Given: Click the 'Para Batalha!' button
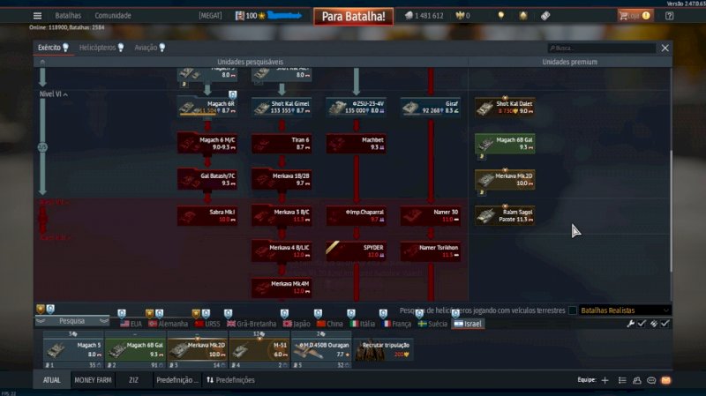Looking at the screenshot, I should point(353,16).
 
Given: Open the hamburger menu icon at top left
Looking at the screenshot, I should point(37,16).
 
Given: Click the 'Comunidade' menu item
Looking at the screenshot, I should point(113,16).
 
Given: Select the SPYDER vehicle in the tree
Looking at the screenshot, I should point(357,250).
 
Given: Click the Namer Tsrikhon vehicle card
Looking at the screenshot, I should point(432,250).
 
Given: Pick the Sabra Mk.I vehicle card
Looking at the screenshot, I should point(207,214).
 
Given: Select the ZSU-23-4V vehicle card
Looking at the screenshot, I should point(357,108).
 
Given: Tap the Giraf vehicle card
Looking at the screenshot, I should point(432,108).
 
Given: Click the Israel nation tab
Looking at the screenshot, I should point(468,324).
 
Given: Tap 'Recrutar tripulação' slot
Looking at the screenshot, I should point(383,350).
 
